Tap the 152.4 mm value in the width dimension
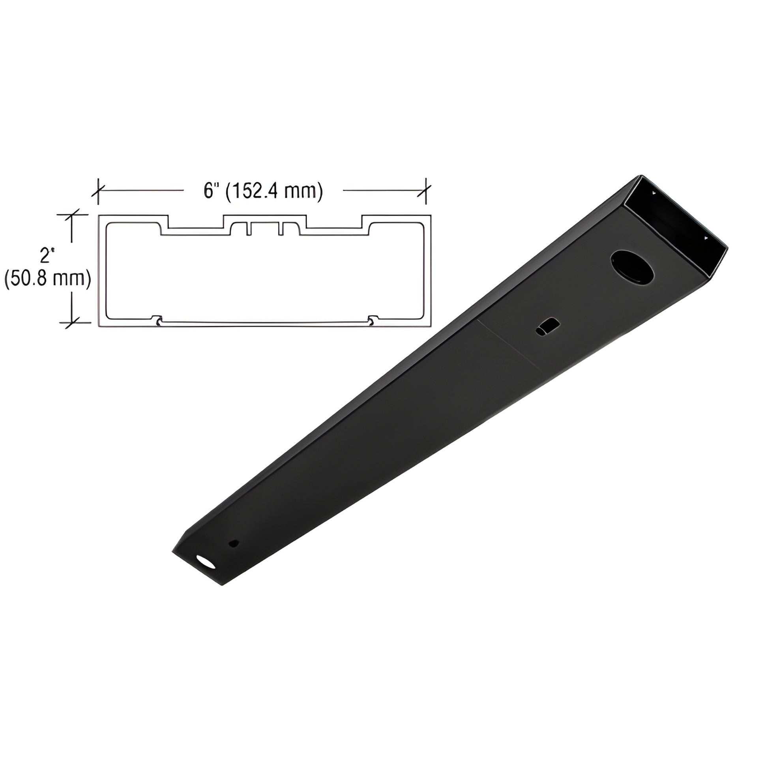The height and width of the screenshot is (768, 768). click(275, 191)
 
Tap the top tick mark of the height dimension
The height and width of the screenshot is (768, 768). click(71, 215)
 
